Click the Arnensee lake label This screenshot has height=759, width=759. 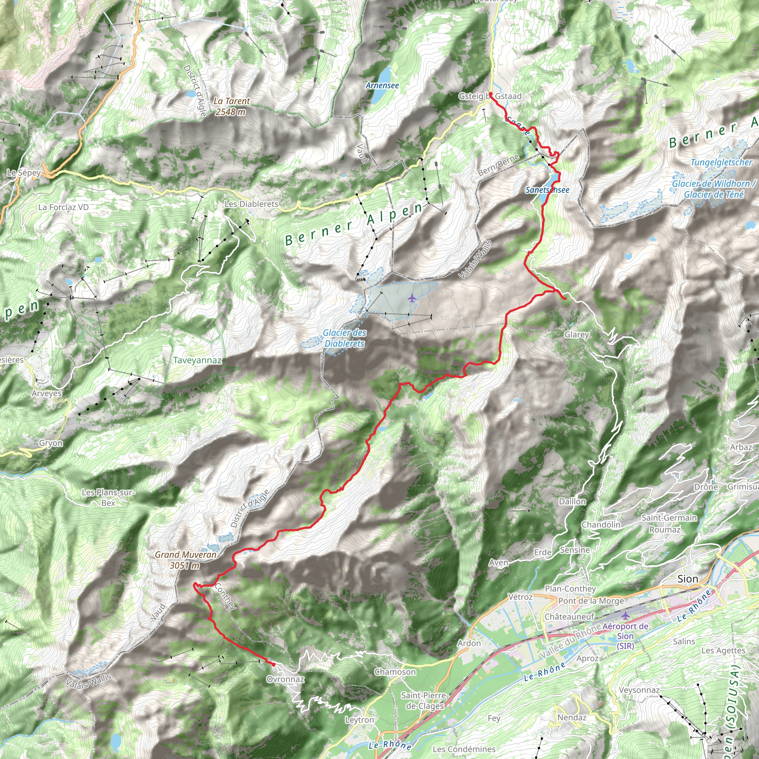(x=382, y=85)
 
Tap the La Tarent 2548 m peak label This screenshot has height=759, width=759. (x=231, y=106)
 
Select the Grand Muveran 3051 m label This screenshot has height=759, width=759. (x=185, y=560)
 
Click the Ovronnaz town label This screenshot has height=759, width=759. (x=285, y=679)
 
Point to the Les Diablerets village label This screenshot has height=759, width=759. (x=251, y=204)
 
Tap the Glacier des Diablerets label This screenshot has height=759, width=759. (x=345, y=338)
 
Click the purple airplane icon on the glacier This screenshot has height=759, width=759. (x=412, y=298)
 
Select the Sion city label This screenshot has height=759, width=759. (x=687, y=579)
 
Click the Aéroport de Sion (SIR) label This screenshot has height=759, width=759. (x=625, y=636)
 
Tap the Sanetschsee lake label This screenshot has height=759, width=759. (x=547, y=190)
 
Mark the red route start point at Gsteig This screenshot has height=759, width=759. (x=491, y=94)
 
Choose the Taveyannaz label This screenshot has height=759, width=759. (x=197, y=360)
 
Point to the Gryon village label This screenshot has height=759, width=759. (x=51, y=443)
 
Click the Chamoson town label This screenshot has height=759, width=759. (x=395, y=672)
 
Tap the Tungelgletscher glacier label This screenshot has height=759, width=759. (x=721, y=162)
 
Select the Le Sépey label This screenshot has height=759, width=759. (x=24, y=172)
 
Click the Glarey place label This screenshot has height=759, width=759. (x=576, y=334)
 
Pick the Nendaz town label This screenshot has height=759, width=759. (x=571, y=717)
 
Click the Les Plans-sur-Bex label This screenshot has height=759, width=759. (x=108, y=497)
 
